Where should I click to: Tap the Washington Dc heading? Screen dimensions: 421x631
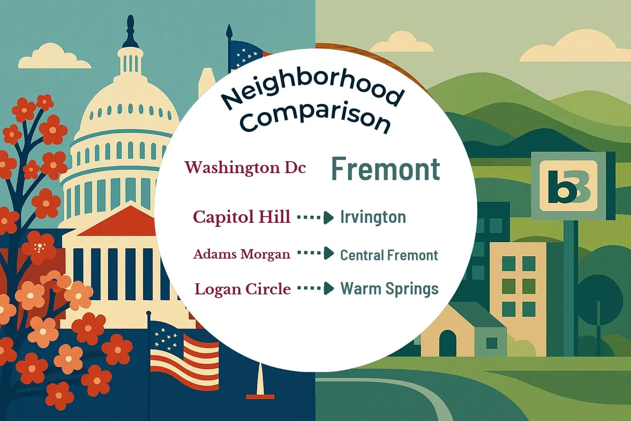click(245, 168)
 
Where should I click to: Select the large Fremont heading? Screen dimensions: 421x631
click(385, 169)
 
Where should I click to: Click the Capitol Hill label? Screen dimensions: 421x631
click(242, 217)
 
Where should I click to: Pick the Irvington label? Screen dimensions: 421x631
click(373, 217)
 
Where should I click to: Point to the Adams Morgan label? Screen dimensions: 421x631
click(242, 254)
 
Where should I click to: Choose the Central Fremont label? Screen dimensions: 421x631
click(389, 255)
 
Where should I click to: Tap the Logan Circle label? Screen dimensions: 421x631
click(242, 289)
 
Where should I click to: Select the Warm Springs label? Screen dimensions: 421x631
click(389, 289)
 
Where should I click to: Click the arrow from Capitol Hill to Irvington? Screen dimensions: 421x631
click(315, 217)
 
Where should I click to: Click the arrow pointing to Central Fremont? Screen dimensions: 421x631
click(315, 253)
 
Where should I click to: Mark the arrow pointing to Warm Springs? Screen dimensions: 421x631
click(315, 289)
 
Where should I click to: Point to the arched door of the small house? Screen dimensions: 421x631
click(447, 343)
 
